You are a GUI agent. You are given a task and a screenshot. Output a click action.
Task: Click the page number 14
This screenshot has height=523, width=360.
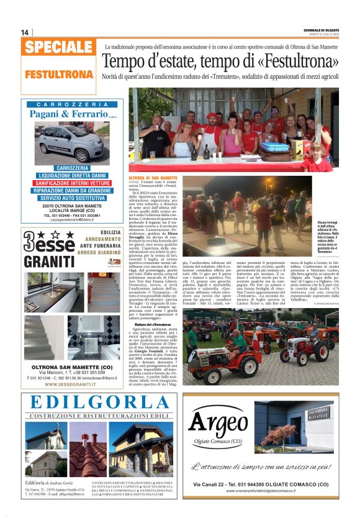coord(25,32)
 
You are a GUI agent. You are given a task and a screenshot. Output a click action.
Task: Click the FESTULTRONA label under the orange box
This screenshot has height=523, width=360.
coord(59,74)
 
